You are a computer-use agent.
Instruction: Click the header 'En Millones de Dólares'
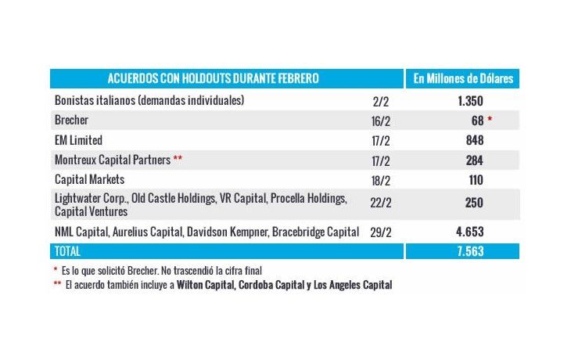[x=463, y=78]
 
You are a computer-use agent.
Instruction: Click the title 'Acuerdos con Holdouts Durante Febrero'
[x=213, y=78]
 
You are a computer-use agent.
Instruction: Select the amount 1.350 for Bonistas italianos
[x=471, y=101]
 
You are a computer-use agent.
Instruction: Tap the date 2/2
[x=381, y=102]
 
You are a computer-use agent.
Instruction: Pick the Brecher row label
[x=71, y=120]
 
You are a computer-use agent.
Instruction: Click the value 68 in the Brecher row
[x=477, y=121]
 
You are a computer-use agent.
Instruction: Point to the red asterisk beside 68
[x=490, y=118]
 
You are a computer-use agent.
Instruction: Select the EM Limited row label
[x=78, y=140]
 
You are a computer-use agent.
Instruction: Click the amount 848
[x=475, y=140]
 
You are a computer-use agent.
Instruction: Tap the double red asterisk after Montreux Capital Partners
[x=178, y=158]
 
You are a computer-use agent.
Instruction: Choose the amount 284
[x=475, y=160]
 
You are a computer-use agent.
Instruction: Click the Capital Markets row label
[x=90, y=180]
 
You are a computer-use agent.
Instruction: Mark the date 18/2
[x=381, y=181]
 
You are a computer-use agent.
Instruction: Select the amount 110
[x=476, y=180]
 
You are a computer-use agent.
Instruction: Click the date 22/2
[x=381, y=203]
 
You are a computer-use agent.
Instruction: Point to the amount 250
[x=474, y=203]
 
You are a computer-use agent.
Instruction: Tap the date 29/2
[x=381, y=232]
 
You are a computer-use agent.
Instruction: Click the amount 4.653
[x=470, y=232]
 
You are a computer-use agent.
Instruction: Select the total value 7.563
[x=471, y=251]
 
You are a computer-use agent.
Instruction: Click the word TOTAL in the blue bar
[x=67, y=251]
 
